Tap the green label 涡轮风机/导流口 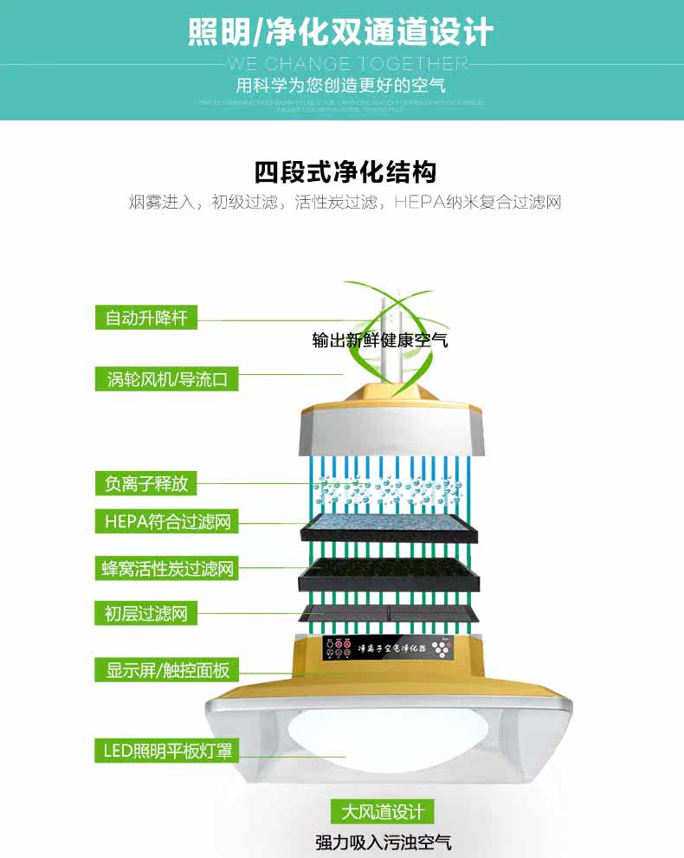(x=166, y=379)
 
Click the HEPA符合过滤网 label (x=165, y=522)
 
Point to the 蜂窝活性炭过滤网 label (x=165, y=569)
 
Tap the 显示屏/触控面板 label (x=166, y=669)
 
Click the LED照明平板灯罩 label (x=165, y=751)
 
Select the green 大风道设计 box (x=383, y=812)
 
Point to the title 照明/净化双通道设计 (x=341, y=32)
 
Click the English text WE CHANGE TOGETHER (x=346, y=64)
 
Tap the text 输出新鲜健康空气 (x=380, y=340)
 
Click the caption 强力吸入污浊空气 (x=383, y=842)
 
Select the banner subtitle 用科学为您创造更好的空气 (x=341, y=87)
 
